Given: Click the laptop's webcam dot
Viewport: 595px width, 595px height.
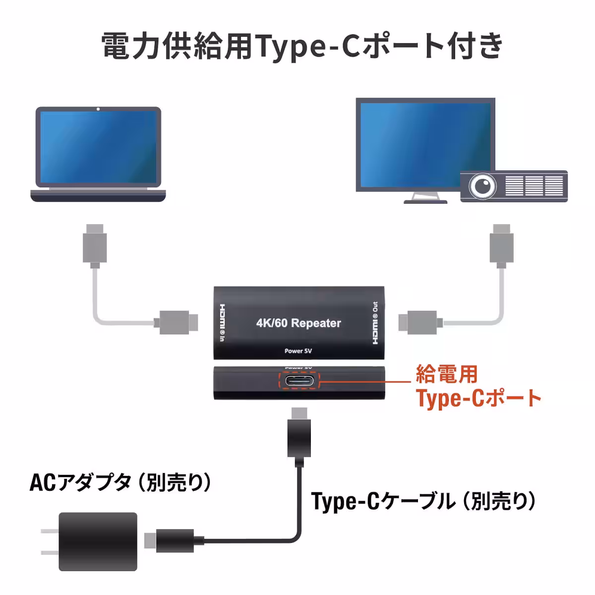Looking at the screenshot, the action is point(98,109).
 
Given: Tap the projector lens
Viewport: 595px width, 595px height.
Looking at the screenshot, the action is point(482,186).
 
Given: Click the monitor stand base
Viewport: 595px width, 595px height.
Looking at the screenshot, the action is point(425,202).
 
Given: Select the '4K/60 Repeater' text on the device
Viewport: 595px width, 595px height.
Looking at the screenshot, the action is point(298,323).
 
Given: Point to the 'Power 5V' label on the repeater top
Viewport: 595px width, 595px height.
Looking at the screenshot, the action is point(298,351).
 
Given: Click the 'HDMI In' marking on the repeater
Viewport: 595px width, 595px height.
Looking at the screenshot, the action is point(222,323).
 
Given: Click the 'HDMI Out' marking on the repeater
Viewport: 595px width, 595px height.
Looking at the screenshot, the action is point(375,323).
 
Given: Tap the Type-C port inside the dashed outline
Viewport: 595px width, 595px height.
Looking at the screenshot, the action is point(299,381).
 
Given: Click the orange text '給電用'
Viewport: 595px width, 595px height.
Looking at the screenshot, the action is point(446,374).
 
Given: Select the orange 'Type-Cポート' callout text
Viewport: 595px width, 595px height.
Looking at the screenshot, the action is point(478,399).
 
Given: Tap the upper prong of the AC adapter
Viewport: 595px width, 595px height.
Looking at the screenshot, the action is point(50,531).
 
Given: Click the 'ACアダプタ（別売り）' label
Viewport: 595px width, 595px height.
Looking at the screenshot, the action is point(120,482).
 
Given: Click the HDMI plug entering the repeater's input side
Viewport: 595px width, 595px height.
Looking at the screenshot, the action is point(176,322).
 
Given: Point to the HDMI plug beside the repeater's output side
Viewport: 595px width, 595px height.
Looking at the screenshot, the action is point(420,322).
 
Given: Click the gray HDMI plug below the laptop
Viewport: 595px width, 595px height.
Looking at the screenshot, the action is point(95,246).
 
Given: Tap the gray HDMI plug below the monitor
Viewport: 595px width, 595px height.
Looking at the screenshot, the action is point(501,246).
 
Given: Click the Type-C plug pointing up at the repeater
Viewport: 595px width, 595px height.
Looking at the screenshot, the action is point(299,437).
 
